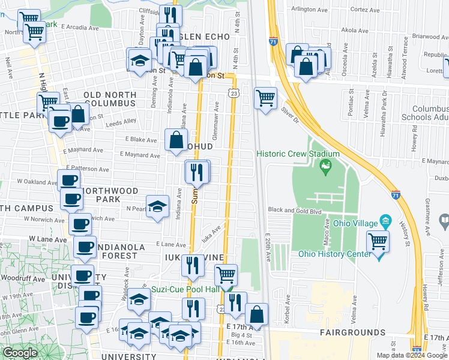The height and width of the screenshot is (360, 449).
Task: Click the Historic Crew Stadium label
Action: [298, 154]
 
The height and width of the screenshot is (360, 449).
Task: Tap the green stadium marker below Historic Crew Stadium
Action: [326, 166]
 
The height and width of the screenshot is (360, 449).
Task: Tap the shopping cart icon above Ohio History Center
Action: [378, 241]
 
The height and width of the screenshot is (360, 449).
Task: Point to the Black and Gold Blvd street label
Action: [295, 211]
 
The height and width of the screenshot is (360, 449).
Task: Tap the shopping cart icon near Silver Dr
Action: [265, 97]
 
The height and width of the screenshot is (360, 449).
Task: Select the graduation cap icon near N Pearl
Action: [157, 207]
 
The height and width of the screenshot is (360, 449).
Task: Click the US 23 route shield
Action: [234, 93]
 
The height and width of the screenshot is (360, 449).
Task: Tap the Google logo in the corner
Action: [20, 353]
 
